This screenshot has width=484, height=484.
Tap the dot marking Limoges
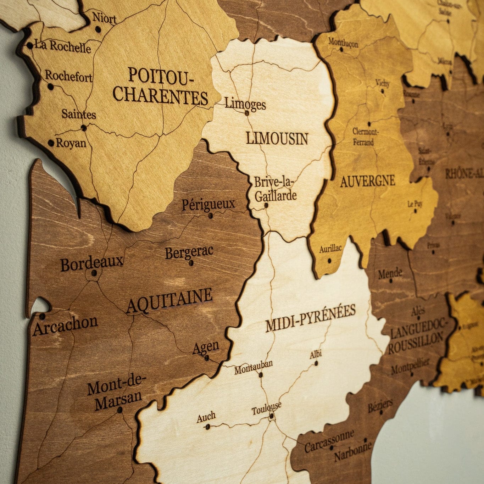[x=247, y=113]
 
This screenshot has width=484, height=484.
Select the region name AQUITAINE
[x=169, y=301]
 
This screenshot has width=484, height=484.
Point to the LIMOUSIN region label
[x=277, y=139]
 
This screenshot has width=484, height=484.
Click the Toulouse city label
[x=267, y=408]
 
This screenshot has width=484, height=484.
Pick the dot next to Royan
[x=51, y=143]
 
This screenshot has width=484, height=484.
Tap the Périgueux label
[x=208, y=205]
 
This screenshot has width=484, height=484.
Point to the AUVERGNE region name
[x=367, y=181]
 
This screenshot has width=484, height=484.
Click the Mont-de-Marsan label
[x=116, y=393]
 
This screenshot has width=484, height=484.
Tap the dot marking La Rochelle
[x=30, y=45]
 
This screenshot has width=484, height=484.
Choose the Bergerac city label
[x=189, y=252]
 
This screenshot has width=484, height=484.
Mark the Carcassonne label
[x=329, y=441]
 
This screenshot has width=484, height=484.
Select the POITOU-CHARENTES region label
[x=161, y=86]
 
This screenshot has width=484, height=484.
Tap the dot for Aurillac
[x=329, y=261]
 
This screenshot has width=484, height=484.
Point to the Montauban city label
[x=253, y=367]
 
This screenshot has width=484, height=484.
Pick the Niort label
[x=104, y=18]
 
